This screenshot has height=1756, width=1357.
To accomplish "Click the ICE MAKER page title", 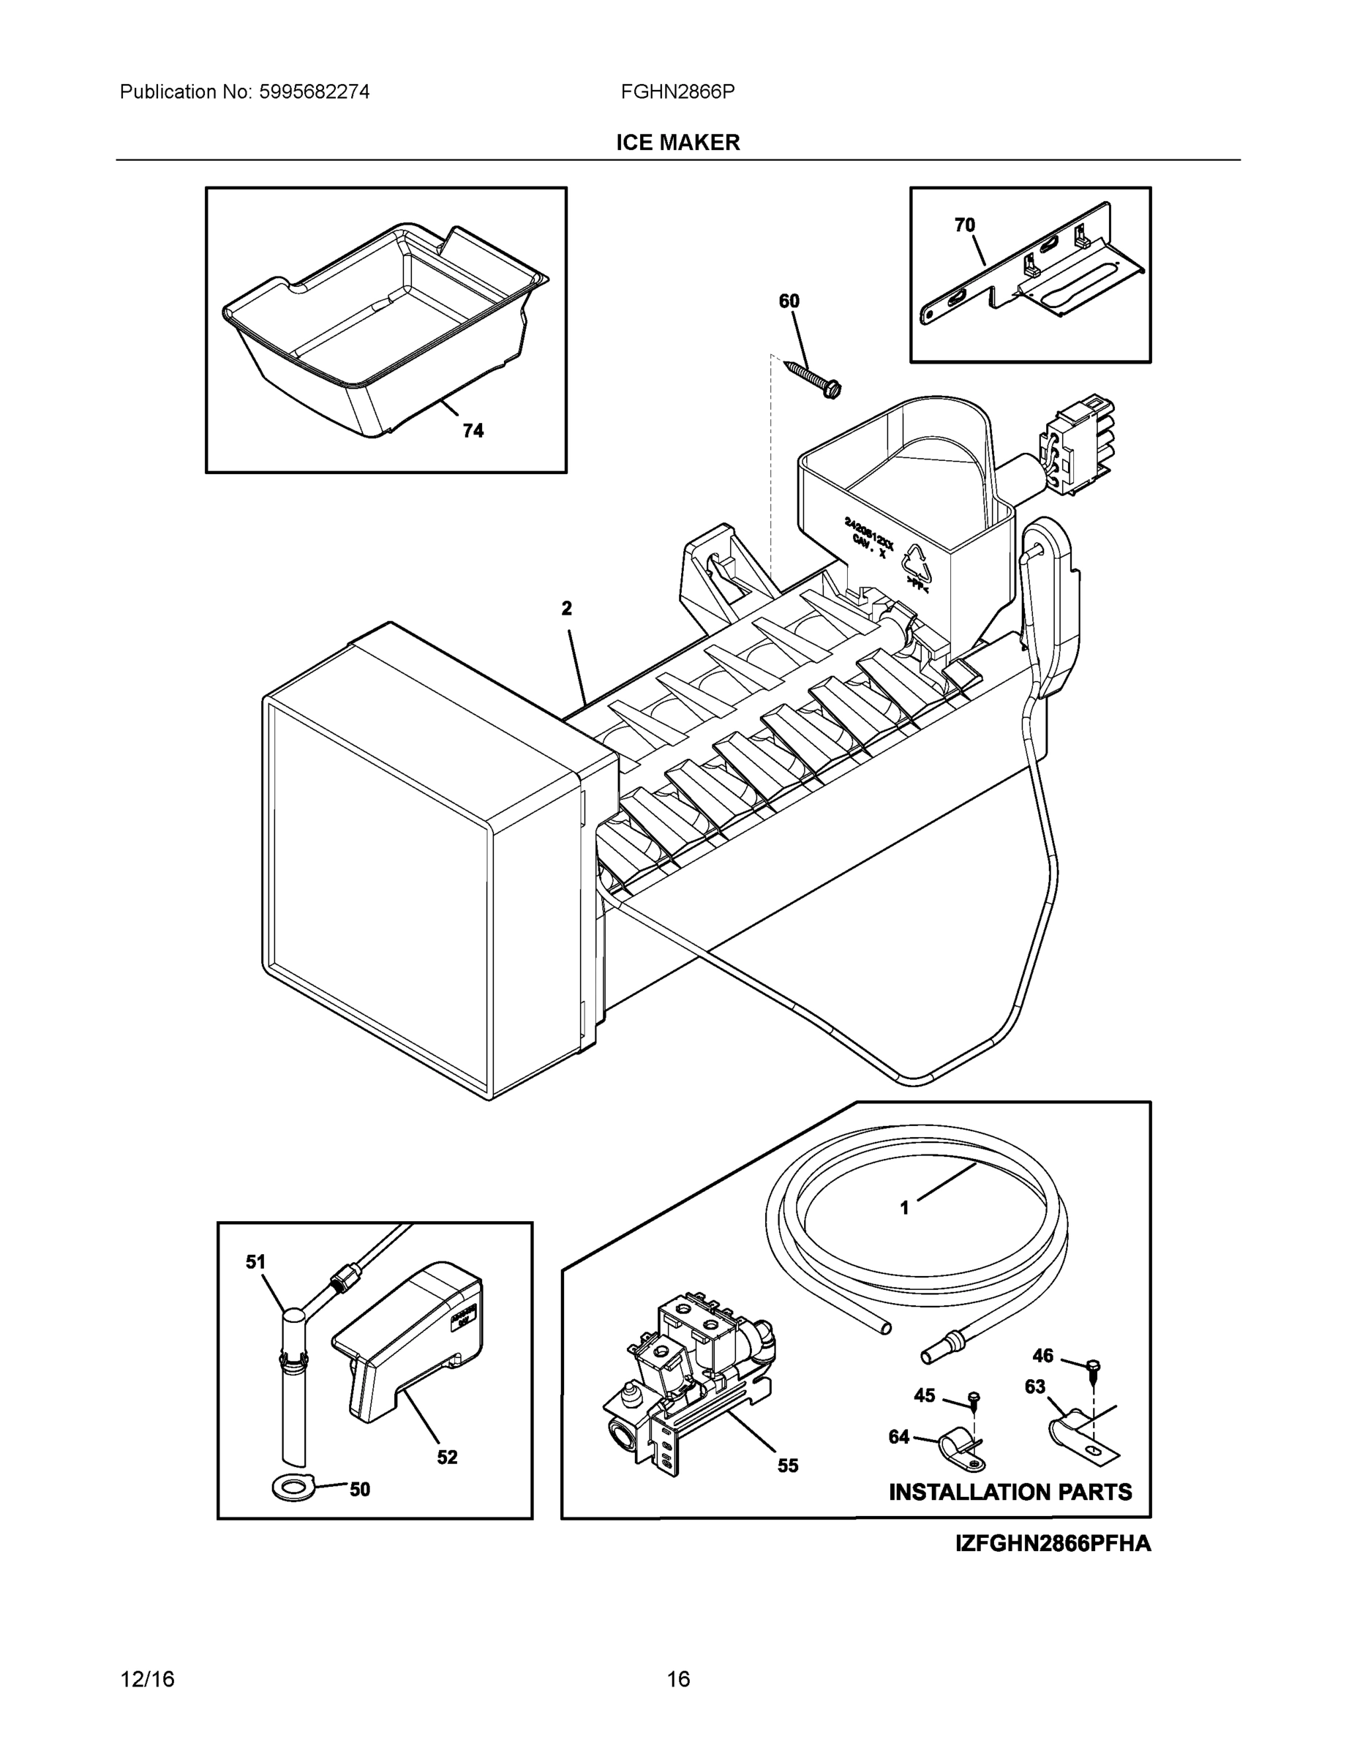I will [x=677, y=143].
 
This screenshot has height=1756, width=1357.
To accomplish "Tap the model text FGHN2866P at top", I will [x=677, y=91].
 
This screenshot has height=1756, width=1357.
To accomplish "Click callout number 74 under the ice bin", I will [x=473, y=431].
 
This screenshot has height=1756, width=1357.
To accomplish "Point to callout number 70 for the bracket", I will [x=964, y=225].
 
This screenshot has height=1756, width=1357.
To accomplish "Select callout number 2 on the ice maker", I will [x=566, y=609].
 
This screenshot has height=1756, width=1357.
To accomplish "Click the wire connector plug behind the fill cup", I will [x=1070, y=442].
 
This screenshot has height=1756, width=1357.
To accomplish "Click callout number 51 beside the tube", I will [x=255, y=1262].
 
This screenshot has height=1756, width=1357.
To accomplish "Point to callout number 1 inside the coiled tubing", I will [x=904, y=1230].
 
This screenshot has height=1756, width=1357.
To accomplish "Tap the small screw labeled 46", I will [x=1091, y=1366].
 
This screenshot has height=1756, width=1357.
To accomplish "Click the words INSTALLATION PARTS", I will [x=1010, y=1493].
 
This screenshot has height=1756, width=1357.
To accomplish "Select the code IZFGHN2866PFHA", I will [x=1053, y=1544].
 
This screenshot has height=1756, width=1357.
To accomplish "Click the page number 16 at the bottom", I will [x=677, y=1679].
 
